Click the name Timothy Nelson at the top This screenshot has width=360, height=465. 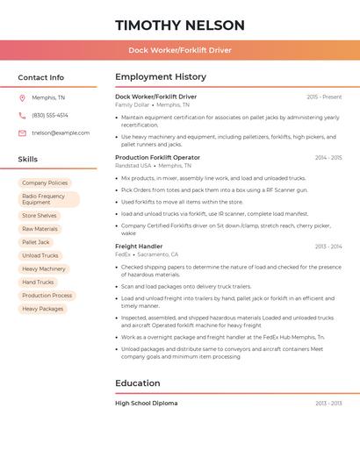click(x=180, y=25)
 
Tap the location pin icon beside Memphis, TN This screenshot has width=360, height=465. click(x=22, y=97)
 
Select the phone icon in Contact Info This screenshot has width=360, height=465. click(x=22, y=115)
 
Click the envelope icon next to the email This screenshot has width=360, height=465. click(x=22, y=133)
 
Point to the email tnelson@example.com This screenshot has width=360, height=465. click(x=61, y=133)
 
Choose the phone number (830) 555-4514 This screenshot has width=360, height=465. click(x=50, y=115)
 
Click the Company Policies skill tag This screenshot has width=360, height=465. click(x=45, y=182)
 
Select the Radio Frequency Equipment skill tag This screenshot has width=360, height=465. click(x=48, y=199)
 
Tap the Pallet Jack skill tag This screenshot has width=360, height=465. click(x=36, y=242)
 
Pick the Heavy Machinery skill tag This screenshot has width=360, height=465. click(x=44, y=268)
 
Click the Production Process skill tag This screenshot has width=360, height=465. click(x=47, y=296)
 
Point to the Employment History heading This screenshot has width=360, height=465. click(x=161, y=77)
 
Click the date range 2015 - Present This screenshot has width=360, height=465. click(x=324, y=97)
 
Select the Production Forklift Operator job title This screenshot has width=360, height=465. click(x=157, y=157)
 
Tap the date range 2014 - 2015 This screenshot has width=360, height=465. click(x=328, y=158)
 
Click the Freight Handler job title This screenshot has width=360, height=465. click(x=139, y=247)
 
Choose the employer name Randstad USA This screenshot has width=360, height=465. click(x=133, y=165)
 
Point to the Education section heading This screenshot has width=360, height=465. click(x=138, y=383)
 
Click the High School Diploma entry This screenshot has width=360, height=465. click(x=146, y=403)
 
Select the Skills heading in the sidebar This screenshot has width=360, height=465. click(x=28, y=160)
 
